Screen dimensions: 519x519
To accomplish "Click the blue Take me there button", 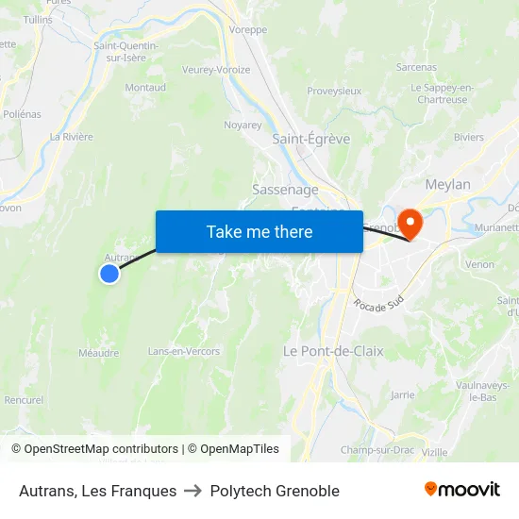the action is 259,232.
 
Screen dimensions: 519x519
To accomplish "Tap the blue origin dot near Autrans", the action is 109,274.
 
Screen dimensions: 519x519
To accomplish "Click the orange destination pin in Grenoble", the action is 410,223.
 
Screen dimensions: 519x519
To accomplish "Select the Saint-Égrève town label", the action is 310,139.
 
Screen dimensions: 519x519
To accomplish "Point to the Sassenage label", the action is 285,190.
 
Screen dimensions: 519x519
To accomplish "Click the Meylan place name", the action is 447,185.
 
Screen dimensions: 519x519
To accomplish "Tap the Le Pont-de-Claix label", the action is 333,351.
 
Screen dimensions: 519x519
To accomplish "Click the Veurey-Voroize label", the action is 216,70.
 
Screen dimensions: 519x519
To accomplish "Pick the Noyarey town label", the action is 243,125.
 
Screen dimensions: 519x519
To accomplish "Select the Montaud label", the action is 145,88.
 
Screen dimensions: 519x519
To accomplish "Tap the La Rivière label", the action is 72,137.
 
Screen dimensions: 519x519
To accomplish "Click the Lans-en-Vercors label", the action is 183,352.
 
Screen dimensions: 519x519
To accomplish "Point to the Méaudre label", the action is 99,353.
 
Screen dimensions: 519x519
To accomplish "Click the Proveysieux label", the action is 334,92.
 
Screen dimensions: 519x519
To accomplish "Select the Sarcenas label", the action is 416,68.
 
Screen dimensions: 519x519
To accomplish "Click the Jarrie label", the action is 402,394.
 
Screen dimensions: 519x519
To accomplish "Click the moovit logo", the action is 462,489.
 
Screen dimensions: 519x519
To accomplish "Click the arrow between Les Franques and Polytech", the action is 193,491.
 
